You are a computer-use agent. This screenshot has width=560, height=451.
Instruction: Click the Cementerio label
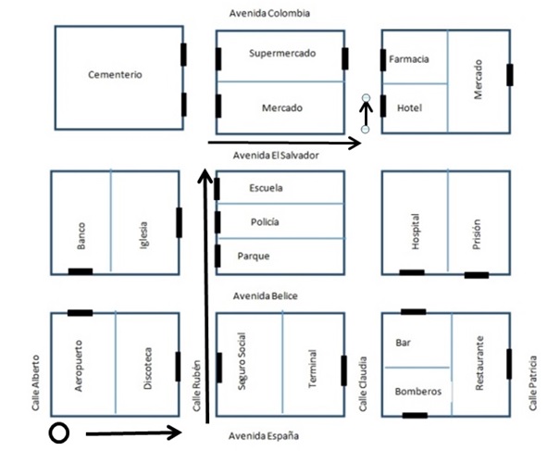click(116, 75)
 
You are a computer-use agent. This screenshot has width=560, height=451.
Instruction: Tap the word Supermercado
click(282, 54)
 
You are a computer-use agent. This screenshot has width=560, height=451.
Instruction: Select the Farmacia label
click(408, 59)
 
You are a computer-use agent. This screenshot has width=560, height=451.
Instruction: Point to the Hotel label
click(408, 108)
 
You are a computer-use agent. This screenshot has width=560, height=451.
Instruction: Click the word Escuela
click(267, 189)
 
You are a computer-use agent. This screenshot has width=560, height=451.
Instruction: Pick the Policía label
click(265, 222)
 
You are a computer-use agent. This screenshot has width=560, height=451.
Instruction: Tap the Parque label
click(254, 256)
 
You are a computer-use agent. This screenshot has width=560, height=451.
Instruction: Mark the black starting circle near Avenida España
click(59, 432)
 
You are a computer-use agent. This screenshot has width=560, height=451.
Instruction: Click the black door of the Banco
click(81, 270)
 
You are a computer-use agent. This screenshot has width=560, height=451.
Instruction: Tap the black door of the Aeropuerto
click(81, 313)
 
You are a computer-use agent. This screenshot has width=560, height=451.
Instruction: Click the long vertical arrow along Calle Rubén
click(205, 296)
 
